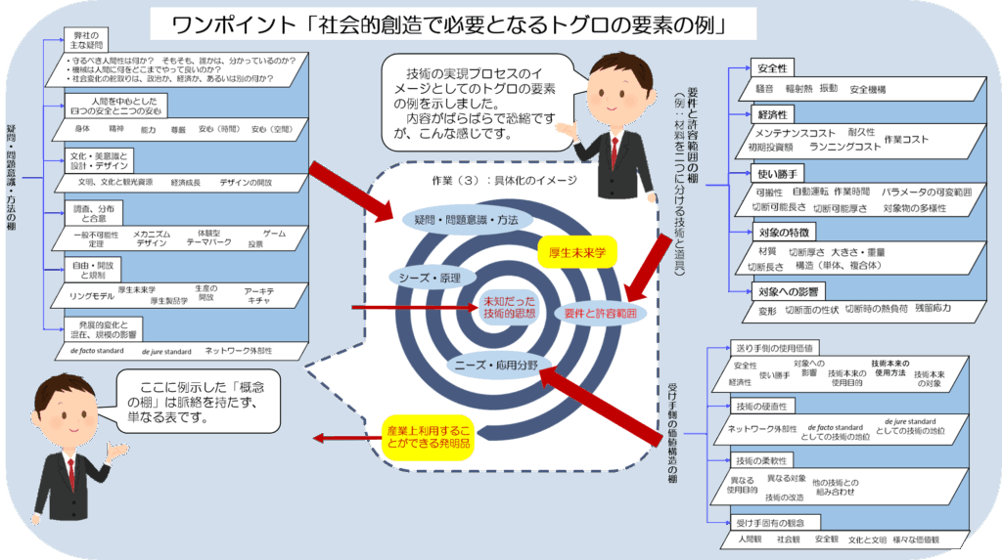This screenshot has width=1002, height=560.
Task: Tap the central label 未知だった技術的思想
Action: [509, 307]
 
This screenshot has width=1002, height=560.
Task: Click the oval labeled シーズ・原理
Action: [429, 277]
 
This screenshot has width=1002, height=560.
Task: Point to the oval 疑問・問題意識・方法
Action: [459, 220]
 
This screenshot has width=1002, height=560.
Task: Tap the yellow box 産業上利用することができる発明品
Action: [426, 437]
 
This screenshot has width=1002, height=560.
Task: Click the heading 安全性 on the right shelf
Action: [772, 68]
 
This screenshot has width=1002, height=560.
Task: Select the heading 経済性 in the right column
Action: [772, 115]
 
